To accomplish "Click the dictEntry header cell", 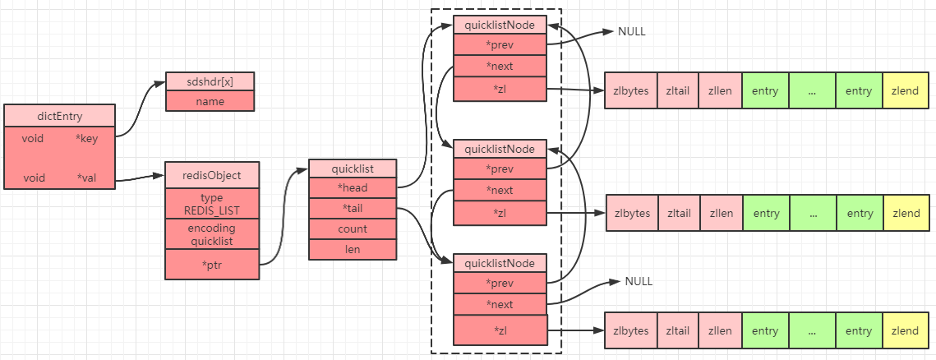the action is click(59, 115).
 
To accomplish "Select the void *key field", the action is click(59, 139).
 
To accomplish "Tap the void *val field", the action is click(59, 178).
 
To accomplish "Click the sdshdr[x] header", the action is click(210, 82).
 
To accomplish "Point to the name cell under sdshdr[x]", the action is click(210, 101).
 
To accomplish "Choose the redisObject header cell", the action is click(212, 176).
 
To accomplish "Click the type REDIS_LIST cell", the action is click(212, 204).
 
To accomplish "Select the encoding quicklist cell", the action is click(212, 234).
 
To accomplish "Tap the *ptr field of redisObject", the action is click(212, 265).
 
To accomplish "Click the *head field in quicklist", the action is click(353, 188).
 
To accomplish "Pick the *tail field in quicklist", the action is click(353, 209).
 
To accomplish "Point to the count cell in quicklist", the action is click(353, 229).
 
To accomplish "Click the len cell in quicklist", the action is click(353, 250).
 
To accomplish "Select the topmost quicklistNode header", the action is click(500, 25).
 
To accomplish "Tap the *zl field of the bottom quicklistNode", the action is click(500, 330).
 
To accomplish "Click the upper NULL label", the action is click(632, 31).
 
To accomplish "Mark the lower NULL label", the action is click(639, 281).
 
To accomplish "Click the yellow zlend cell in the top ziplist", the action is click(906, 90).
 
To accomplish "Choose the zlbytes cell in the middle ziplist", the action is click(632, 213).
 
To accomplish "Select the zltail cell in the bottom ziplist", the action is click(677, 330).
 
